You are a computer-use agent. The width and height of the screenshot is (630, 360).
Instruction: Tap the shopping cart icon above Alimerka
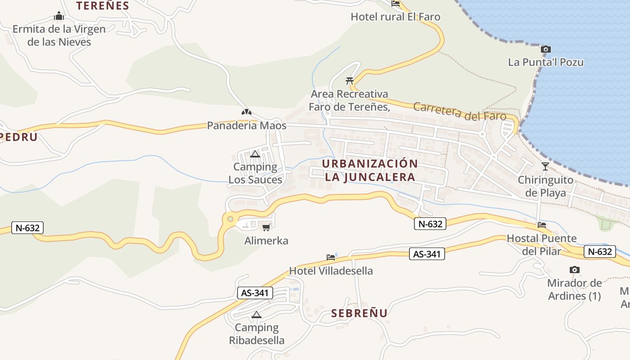point(266,227)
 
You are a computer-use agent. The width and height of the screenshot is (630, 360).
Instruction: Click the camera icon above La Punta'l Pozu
point(545,49)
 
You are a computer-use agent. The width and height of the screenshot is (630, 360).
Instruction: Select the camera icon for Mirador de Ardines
point(574,270)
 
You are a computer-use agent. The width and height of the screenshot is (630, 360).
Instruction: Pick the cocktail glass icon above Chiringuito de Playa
point(545,166)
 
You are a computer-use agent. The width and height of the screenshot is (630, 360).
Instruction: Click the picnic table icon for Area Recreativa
point(349,81)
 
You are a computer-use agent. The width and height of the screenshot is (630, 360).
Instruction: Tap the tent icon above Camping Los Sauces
point(255,154)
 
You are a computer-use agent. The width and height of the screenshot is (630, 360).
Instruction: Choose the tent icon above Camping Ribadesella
point(256,315)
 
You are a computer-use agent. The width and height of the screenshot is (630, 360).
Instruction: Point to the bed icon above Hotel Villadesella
point(331,257)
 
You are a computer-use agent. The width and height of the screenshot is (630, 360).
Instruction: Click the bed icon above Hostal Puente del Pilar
point(542,225)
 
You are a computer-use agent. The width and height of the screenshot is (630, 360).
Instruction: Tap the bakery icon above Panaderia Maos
point(246,112)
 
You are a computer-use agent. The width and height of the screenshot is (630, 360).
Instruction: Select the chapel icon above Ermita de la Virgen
point(59,17)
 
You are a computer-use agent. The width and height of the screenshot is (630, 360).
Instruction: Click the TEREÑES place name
point(103,6)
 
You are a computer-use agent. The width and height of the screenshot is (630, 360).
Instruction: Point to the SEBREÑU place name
point(359,313)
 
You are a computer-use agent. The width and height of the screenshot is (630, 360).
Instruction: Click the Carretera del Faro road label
point(459,112)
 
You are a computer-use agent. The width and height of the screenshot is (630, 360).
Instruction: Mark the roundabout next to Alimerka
point(230,219)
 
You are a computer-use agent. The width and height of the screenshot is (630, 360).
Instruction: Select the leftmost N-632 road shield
point(28,228)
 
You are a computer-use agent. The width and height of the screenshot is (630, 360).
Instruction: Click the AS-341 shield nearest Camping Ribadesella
point(255,293)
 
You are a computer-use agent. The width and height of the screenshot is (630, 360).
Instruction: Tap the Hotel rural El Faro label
point(396,17)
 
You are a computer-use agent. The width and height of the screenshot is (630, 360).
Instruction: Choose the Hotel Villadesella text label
point(331,271)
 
